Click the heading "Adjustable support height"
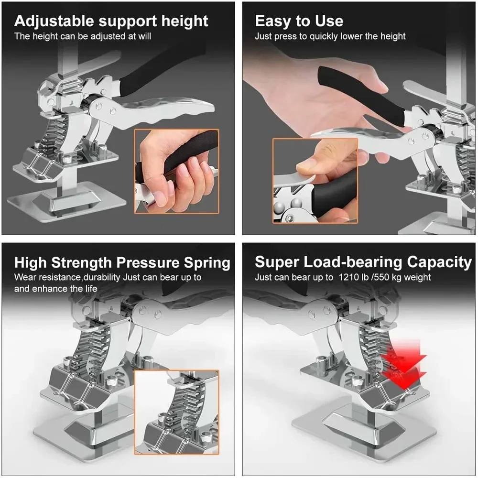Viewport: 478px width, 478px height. pos(111,22)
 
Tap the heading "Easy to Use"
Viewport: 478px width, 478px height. pos(299,22)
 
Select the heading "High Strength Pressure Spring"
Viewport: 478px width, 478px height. pos(122,263)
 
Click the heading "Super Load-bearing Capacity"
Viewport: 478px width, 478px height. pos(363,262)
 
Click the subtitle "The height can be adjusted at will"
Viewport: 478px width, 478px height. pos(82,36)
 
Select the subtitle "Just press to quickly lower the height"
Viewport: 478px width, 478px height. pos(330,36)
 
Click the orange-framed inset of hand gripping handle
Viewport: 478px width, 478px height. pos(176,171)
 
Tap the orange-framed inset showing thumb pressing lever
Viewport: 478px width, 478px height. pos(315,181)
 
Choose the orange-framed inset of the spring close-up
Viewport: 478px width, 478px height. pos(176,412)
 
